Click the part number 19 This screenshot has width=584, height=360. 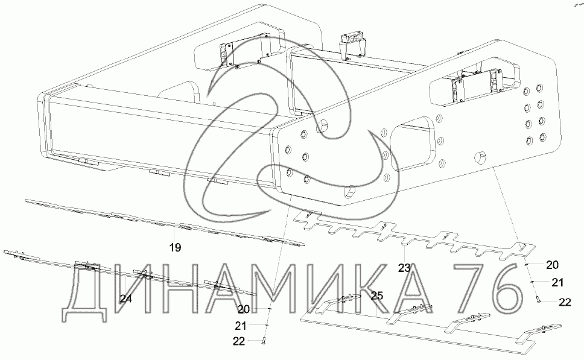click(x=175, y=247)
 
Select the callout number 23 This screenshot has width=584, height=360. click(x=404, y=268)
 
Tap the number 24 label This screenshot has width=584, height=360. click(x=125, y=298)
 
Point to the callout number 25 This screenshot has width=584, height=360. click(x=377, y=296)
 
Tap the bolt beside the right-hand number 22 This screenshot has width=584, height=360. click(x=538, y=298)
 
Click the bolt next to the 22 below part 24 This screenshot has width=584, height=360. click(x=263, y=340)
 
